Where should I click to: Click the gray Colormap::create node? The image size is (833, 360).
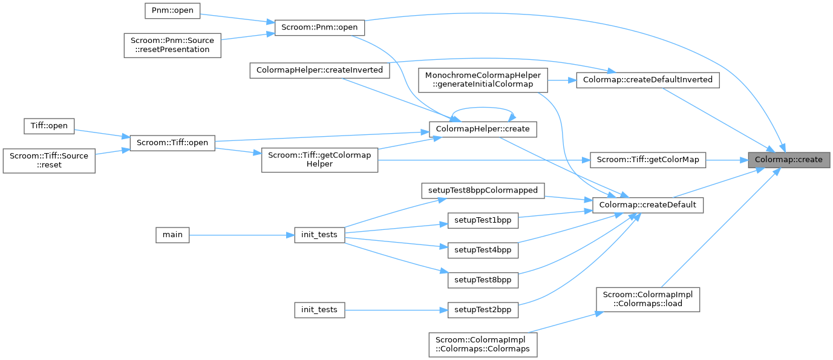point(789,160)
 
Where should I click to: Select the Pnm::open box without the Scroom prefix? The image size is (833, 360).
point(172,11)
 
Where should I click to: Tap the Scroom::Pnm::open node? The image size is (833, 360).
point(320,27)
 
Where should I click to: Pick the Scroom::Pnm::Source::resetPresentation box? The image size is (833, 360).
point(172,44)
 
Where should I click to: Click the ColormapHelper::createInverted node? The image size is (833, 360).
point(320,70)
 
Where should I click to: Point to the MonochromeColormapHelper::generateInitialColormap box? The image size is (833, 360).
point(483,80)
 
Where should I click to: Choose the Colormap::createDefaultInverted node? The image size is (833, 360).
point(647,79)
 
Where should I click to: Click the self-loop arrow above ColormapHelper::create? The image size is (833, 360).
point(483,111)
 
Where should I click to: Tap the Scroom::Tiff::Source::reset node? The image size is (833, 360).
point(48,160)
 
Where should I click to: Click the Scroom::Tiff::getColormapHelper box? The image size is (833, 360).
point(319,160)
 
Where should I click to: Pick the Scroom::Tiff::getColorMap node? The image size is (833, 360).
point(648,160)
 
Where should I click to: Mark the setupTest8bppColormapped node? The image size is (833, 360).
point(483,190)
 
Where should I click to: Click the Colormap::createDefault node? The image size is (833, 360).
point(647,205)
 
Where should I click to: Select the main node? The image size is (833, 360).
point(172,234)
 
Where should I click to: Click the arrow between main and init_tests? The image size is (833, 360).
point(242,235)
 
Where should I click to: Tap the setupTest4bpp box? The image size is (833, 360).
point(483,249)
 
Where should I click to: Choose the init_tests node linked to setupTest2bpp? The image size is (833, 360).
point(320,310)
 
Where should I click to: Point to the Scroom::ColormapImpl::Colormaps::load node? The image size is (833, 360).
point(648,299)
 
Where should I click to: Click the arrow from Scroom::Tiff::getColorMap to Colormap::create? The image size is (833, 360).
point(727,160)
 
